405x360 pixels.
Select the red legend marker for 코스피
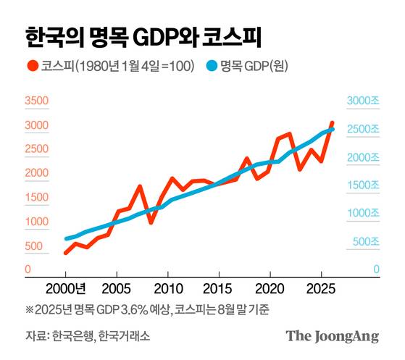32,66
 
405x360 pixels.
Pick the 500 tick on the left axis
33,246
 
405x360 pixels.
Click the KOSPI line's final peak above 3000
333,123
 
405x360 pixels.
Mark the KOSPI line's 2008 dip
151,222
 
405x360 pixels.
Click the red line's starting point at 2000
66,253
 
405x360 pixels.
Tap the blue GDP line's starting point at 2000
66,238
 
